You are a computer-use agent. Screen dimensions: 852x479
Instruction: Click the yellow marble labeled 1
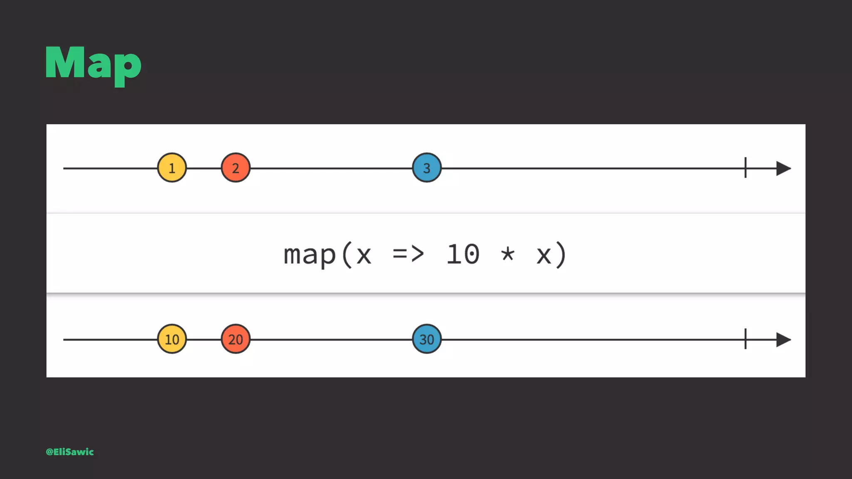172,168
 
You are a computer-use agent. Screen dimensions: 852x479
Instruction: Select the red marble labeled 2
235,168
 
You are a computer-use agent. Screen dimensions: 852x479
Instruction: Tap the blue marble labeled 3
426,168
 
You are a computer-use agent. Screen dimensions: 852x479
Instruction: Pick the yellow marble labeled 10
172,339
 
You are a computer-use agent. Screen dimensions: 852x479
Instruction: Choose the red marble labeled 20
235,339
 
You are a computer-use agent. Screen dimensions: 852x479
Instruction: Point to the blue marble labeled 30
426,339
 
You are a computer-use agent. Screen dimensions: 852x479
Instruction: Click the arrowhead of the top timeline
783,168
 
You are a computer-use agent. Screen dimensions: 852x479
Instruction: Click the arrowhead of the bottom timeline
783,340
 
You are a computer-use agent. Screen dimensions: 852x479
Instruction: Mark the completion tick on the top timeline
745,168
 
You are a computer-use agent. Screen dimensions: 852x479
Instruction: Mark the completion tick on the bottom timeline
745,339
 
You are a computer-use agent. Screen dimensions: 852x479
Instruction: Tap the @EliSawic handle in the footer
70,452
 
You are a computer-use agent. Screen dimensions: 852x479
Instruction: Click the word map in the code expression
310,255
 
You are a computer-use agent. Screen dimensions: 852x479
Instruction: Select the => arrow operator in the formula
408,254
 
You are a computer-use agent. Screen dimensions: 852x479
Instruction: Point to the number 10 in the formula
463,254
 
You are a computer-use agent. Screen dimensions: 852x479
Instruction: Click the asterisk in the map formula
508,253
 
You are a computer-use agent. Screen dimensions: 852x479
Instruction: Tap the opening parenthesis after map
347,254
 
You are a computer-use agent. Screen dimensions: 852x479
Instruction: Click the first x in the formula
364,256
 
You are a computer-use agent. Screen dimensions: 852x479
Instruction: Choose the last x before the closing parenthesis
544,256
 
